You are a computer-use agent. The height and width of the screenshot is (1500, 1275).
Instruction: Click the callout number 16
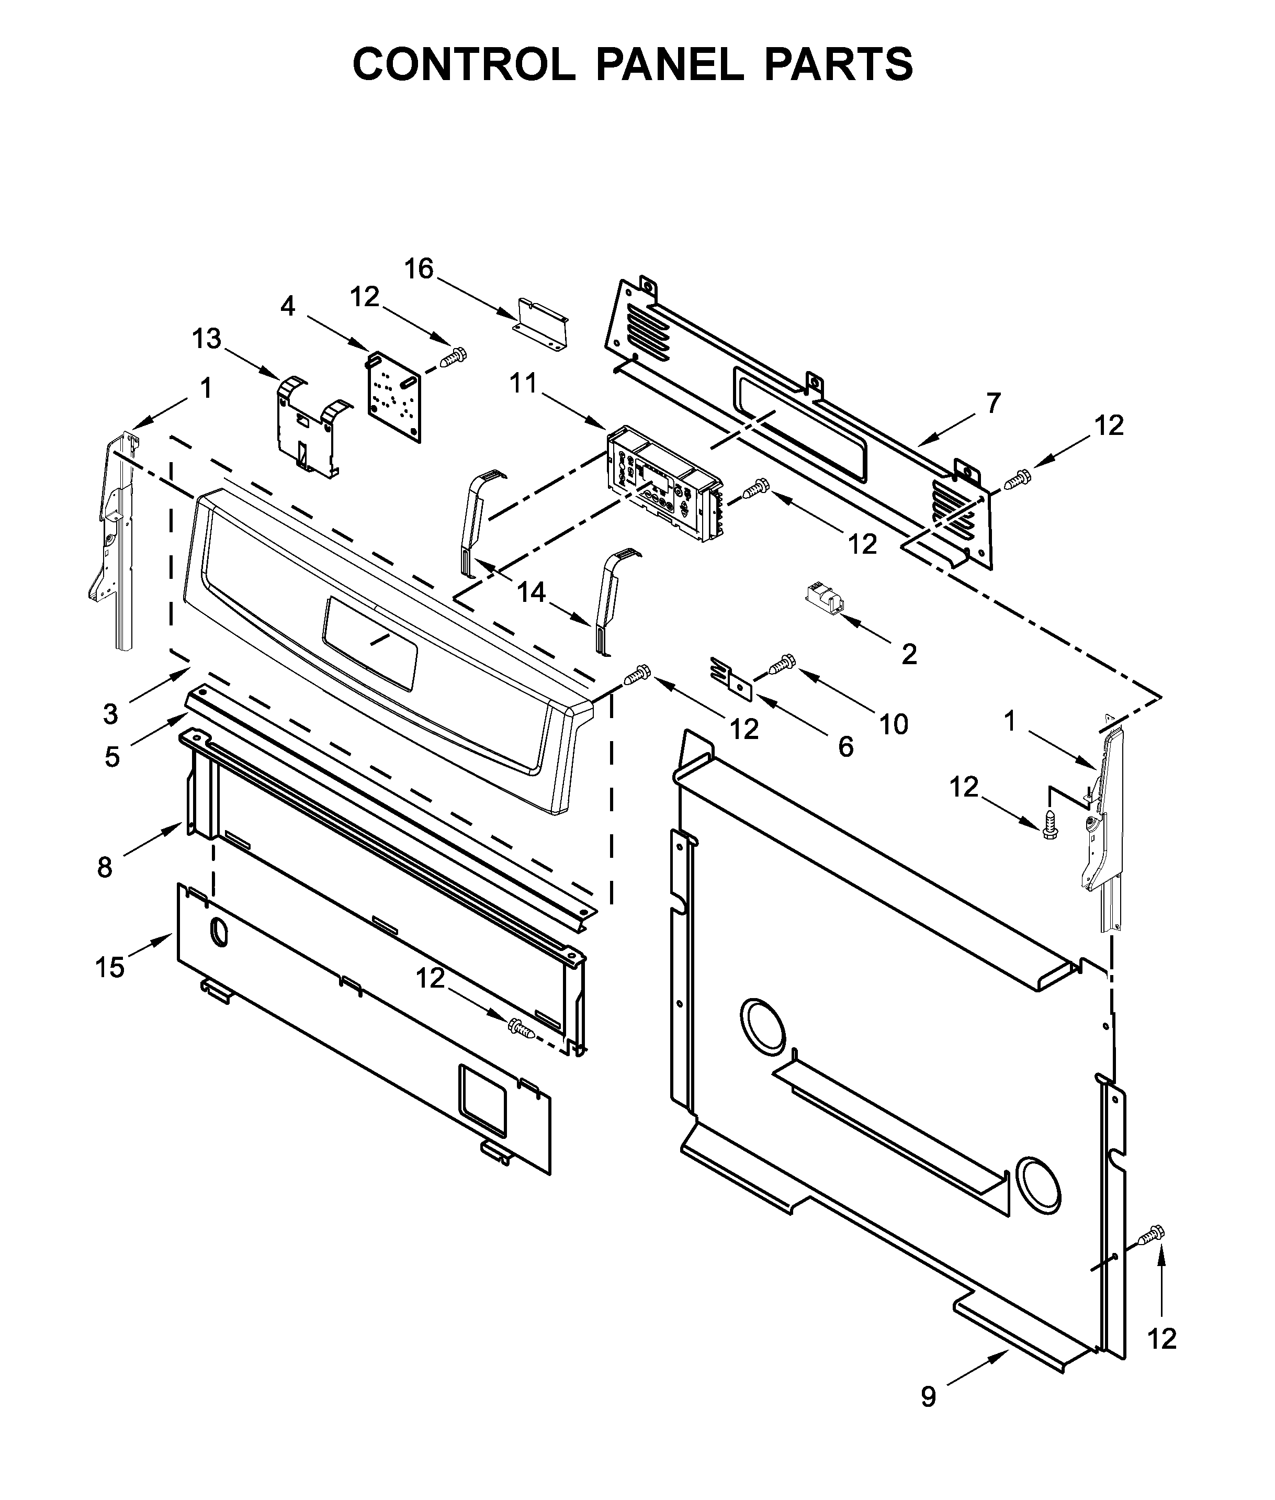point(418,269)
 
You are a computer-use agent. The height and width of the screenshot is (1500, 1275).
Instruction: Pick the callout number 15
point(110,967)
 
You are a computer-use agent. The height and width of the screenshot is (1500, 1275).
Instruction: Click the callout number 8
point(105,867)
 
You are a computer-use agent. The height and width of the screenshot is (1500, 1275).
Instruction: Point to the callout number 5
point(111,757)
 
